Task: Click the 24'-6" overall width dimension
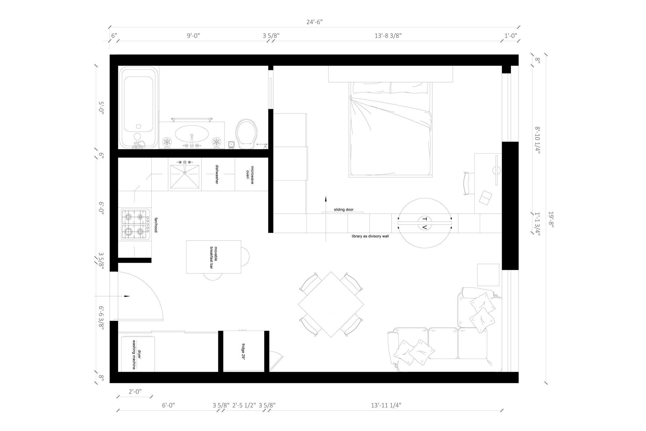(x=315, y=22)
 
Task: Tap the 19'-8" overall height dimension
(x=551, y=220)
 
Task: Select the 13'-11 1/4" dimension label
(x=386, y=405)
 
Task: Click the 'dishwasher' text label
(x=217, y=174)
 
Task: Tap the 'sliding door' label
(x=344, y=209)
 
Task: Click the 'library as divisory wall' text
(x=370, y=236)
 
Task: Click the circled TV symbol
(x=424, y=223)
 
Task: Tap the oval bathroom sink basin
(x=191, y=134)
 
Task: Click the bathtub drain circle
(x=138, y=127)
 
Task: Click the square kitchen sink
(x=185, y=176)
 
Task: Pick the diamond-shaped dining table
(x=331, y=304)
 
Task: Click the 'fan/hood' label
(x=156, y=225)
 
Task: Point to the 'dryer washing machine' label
(x=136, y=355)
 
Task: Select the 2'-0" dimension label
(x=135, y=392)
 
